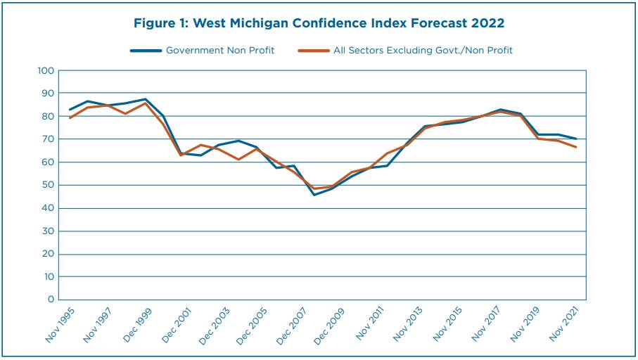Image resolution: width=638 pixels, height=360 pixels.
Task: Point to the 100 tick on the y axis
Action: coord(46,70)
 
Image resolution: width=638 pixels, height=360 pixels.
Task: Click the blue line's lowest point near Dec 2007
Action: coord(314,195)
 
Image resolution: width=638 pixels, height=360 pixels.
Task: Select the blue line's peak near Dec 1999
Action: coord(146,99)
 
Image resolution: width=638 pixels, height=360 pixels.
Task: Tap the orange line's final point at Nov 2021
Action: coord(576,147)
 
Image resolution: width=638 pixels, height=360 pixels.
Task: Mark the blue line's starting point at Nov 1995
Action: coord(70,110)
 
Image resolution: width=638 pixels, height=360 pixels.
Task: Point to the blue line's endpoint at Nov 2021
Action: coord(576,139)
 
